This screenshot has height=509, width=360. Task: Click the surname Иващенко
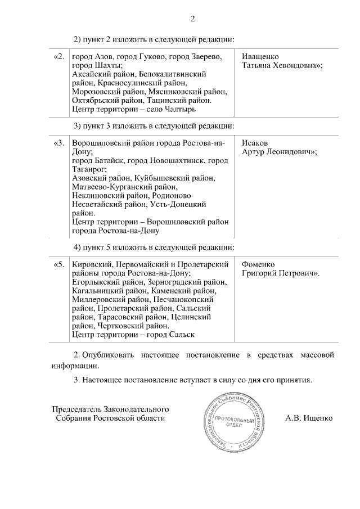259,57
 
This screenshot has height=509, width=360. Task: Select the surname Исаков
255,143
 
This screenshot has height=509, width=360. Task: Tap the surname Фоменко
258,264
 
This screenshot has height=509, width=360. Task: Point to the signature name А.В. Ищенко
309,418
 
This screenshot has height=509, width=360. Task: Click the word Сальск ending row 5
180,335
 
